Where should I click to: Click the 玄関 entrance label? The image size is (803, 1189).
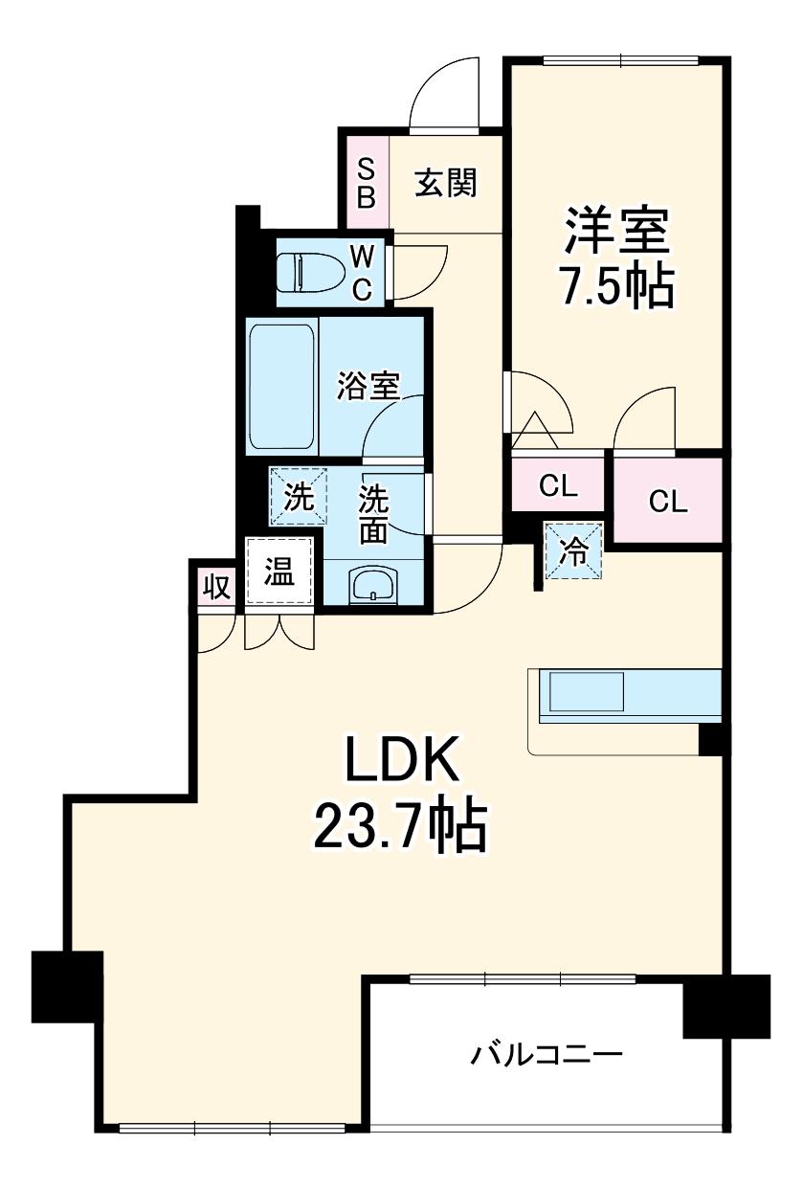(445, 182)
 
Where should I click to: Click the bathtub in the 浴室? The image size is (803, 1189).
(282, 388)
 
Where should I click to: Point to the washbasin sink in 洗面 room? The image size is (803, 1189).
(373, 585)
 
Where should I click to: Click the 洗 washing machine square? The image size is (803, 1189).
(300, 497)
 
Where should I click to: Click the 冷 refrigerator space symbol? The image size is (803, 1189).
(574, 551)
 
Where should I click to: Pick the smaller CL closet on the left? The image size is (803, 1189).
(558, 486)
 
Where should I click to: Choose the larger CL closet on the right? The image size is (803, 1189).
(667, 501)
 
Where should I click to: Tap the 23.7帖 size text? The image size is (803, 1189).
(400, 827)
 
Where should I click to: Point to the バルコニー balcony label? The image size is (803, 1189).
(546, 1056)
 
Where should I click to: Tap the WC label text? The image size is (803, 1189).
(362, 273)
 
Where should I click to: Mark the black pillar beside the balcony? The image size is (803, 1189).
(725, 1005)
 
